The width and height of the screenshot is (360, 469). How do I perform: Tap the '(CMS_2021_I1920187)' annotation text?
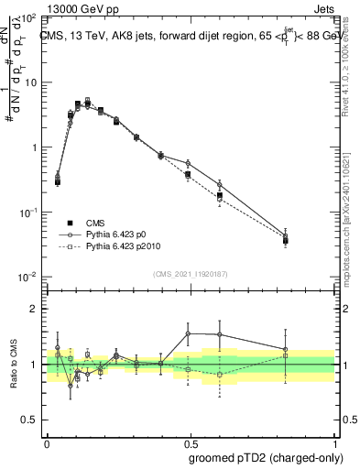190,273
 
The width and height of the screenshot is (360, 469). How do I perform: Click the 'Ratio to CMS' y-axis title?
12,365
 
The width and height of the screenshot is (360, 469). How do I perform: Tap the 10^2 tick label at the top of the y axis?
29,17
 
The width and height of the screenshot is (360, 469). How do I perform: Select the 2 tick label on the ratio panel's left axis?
36,309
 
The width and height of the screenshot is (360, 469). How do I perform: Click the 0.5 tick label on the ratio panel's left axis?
31,420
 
